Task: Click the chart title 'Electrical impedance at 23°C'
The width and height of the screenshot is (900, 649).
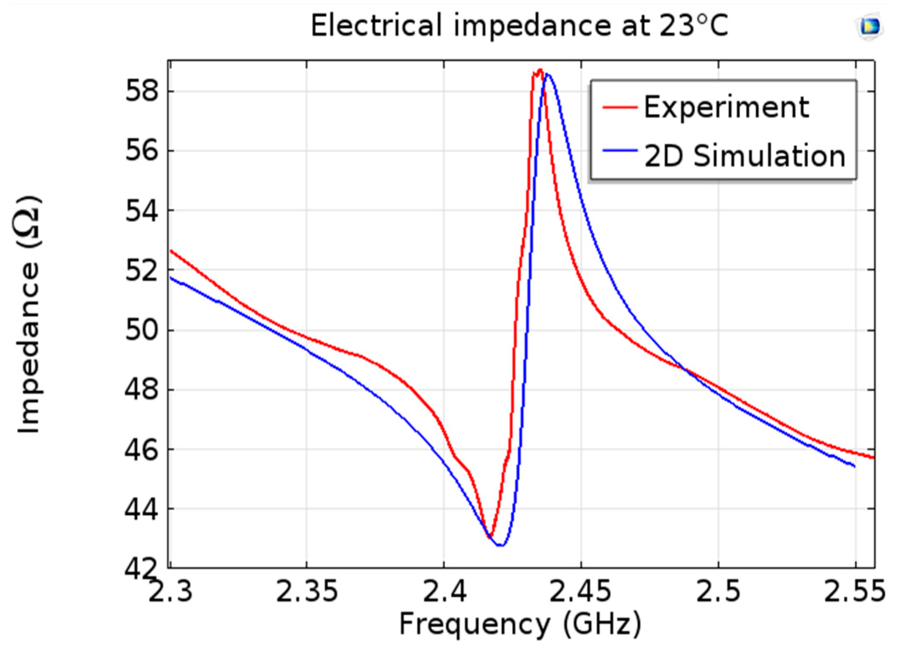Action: click(x=519, y=25)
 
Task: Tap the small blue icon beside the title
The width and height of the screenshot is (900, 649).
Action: click(x=869, y=27)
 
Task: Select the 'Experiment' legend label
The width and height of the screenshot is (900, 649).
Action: click(x=726, y=107)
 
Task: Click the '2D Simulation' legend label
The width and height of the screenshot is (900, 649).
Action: click(x=744, y=156)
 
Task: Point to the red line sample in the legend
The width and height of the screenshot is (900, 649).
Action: click(x=619, y=107)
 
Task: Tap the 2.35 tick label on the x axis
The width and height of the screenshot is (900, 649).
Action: click(x=307, y=591)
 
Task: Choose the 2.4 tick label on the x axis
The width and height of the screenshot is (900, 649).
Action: click(x=444, y=591)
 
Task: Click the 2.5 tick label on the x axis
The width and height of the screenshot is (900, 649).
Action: click(x=718, y=591)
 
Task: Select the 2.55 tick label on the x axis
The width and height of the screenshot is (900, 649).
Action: click(x=855, y=591)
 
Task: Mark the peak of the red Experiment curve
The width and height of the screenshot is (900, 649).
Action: click(x=540, y=70)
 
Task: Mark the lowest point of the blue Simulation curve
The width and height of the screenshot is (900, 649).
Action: click(x=501, y=545)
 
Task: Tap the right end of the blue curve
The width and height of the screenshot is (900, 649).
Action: click(x=854, y=466)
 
